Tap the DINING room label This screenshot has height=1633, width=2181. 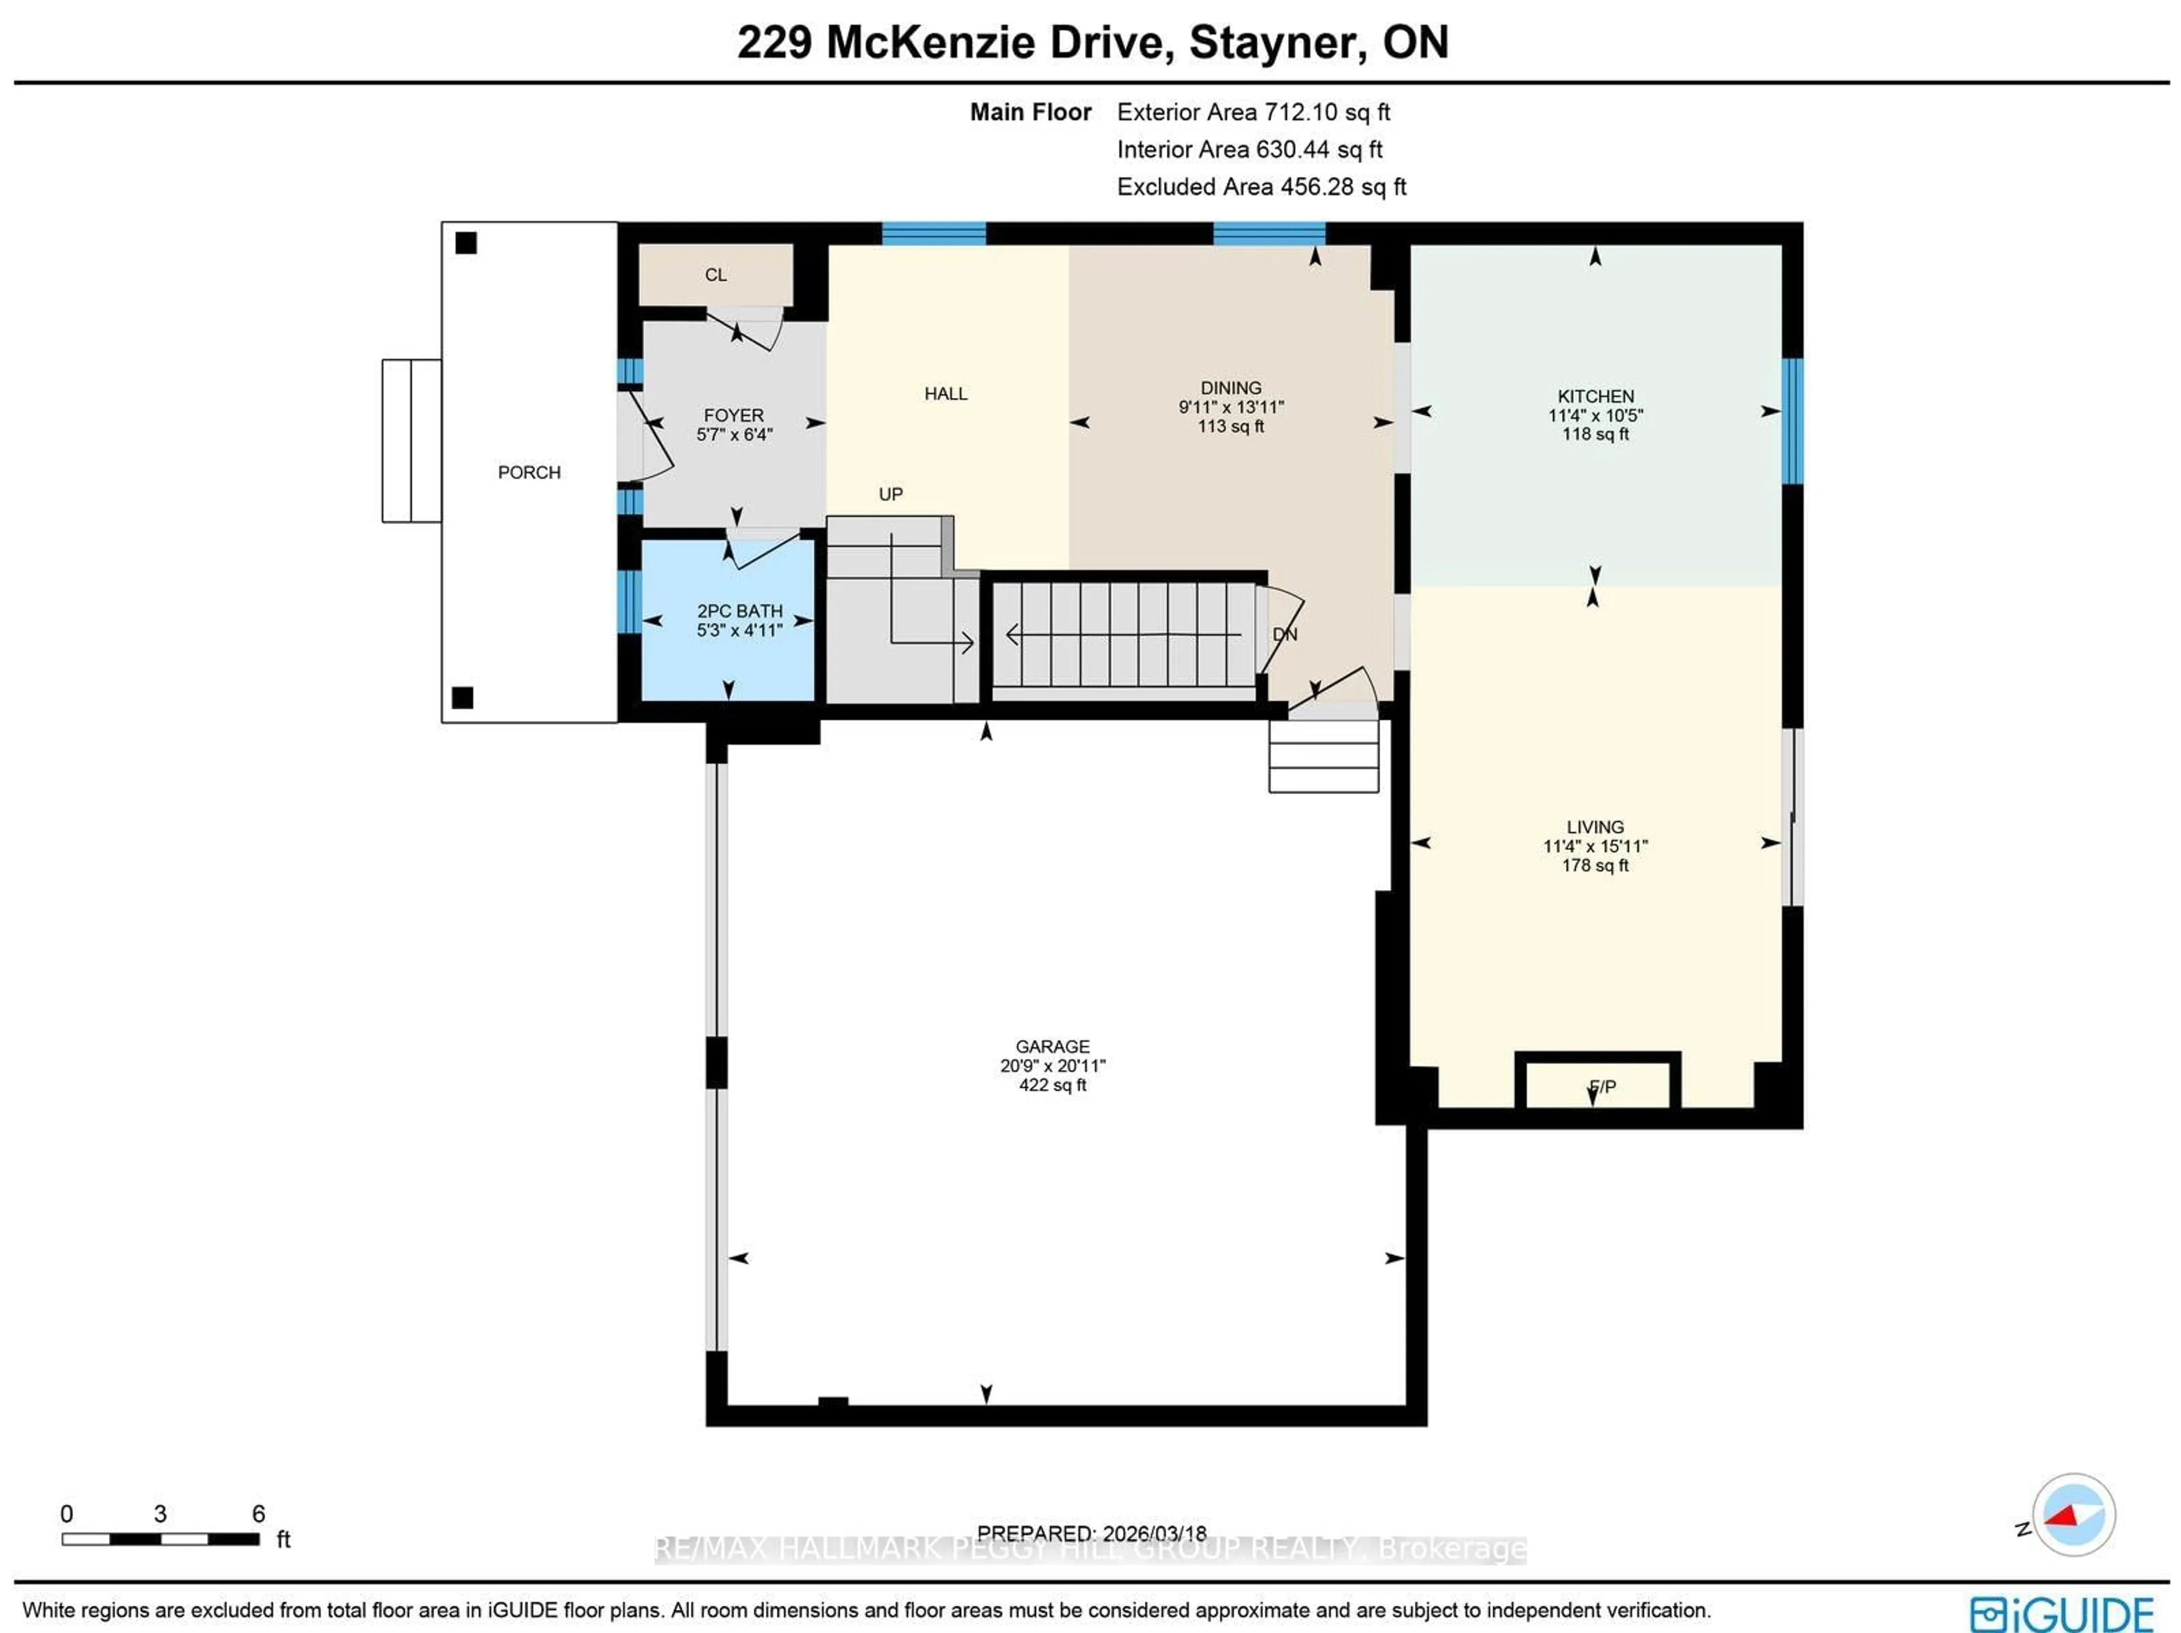(x=1231, y=387)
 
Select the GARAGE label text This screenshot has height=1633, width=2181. (x=1052, y=1046)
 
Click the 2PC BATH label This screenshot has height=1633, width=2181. (x=739, y=611)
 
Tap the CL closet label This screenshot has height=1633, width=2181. (x=716, y=275)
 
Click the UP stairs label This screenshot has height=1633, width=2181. (x=891, y=494)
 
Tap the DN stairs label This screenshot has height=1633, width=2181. (x=1284, y=634)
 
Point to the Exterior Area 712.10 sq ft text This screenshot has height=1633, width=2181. (x=1252, y=112)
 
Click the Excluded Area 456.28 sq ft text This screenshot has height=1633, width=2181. (x=1260, y=187)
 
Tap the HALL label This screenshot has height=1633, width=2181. (x=946, y=394)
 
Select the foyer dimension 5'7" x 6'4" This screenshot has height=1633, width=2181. (x=734, y=434)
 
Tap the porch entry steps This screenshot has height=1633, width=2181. (x=411, y=441)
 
